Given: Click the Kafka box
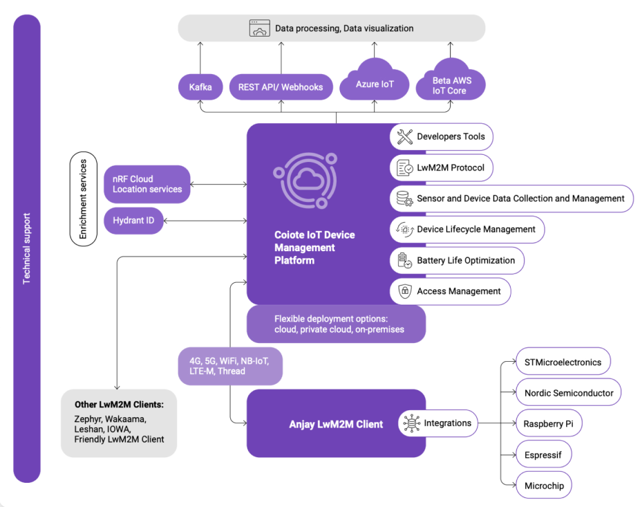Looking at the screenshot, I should [200, 87].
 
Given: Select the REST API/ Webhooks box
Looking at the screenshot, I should [281, 87].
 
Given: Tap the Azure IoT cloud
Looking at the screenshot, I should [374, 84].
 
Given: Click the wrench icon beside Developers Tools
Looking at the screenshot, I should [404, 137].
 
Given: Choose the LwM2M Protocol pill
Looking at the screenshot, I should [442, 167].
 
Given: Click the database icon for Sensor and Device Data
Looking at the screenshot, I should [404, 199].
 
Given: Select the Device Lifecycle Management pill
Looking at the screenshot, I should [467, 230].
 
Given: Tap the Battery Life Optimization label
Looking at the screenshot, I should [465, 261].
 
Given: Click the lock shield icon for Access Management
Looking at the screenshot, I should [404, 291].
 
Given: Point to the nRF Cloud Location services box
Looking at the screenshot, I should [147, 184].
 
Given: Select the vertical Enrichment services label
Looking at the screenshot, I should [84, 199].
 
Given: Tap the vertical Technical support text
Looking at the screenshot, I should [27, 249].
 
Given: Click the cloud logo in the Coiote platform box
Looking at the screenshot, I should [304, 179].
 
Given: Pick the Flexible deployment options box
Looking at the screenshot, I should [336, 324].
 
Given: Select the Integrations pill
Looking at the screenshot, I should [438, 423].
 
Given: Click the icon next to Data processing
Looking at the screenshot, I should [260, 28].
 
